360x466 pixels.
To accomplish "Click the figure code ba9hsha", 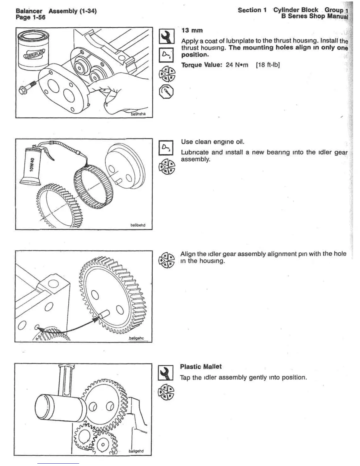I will pos(138,114).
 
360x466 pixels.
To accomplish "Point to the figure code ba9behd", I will pos(138,225).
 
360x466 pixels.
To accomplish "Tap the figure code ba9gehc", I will pos(136,338).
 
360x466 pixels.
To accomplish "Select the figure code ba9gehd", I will pos(136,451).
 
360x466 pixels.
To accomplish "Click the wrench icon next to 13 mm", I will pos(166,36).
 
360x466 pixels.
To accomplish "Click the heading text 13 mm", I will pos(192,30).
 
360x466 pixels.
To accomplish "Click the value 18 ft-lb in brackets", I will pos(268,65).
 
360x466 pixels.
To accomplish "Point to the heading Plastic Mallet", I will pos(201,367).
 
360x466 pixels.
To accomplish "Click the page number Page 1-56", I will pos(31,17).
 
